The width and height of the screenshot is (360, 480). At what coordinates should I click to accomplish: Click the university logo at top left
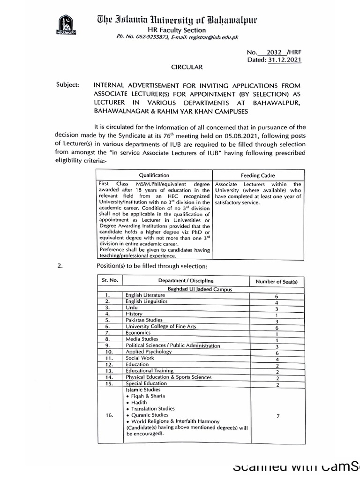(66, 27)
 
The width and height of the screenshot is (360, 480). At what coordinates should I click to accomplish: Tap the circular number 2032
(274, 52)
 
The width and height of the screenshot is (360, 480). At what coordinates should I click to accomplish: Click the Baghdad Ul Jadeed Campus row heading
(187, 289)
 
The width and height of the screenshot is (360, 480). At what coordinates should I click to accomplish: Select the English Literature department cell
(145, 295)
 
